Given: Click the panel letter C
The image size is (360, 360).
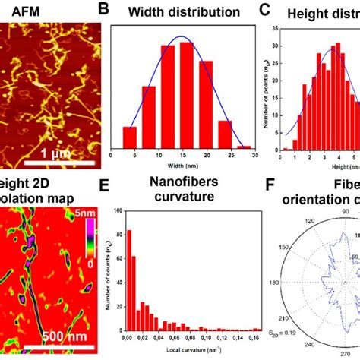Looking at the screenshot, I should pyautogui.click(x=264, y=10).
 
